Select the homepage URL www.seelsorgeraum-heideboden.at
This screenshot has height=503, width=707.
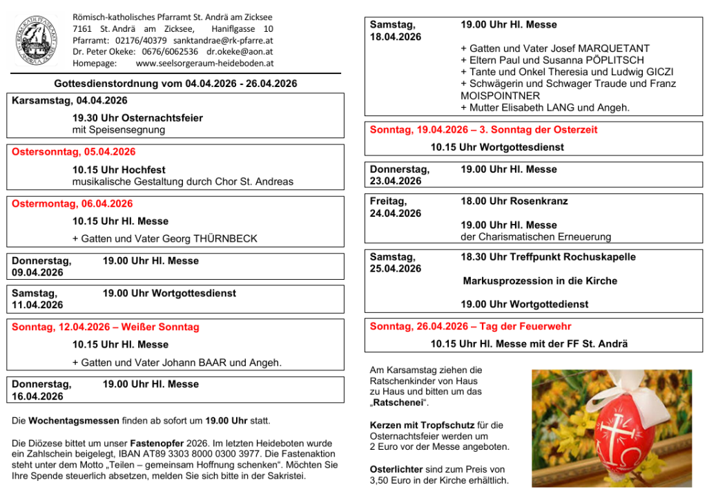click(205, 63)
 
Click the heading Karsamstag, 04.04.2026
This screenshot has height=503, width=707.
click(70, 101)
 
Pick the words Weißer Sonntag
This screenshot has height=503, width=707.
click(165, 327)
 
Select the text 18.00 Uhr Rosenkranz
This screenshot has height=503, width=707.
click(514, 201)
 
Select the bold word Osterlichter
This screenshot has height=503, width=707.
click(396, 469)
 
